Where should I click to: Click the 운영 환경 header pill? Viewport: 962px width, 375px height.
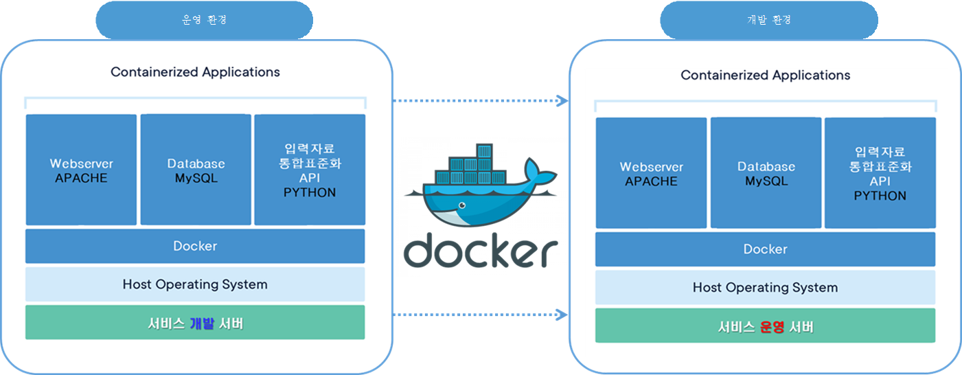204,20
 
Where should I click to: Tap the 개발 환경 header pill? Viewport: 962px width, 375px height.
769,20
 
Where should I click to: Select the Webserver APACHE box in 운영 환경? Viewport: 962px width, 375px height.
81,170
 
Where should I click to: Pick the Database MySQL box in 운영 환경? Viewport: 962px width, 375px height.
196,170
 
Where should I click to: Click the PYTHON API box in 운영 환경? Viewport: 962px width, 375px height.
310,170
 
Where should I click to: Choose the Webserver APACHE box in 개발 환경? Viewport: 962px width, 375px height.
651,172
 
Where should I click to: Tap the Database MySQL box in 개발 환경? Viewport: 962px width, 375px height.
766,172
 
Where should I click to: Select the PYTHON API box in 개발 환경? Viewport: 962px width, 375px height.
880,172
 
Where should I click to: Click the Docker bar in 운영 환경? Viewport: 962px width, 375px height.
195,246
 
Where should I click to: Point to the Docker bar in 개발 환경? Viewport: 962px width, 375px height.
766,249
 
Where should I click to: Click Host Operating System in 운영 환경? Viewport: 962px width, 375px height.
195,284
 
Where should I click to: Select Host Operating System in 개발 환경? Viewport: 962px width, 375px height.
766,287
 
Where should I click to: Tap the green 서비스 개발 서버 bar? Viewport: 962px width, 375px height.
195,323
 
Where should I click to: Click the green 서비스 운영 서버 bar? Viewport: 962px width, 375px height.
766,326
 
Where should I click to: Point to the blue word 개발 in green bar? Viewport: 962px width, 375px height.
202,323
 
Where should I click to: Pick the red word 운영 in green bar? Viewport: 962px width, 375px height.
772,326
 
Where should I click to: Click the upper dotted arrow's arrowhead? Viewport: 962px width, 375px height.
562,101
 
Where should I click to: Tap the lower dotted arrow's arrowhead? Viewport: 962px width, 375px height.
562,315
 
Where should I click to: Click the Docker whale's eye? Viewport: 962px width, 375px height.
462,205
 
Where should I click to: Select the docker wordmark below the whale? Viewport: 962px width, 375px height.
481,251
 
